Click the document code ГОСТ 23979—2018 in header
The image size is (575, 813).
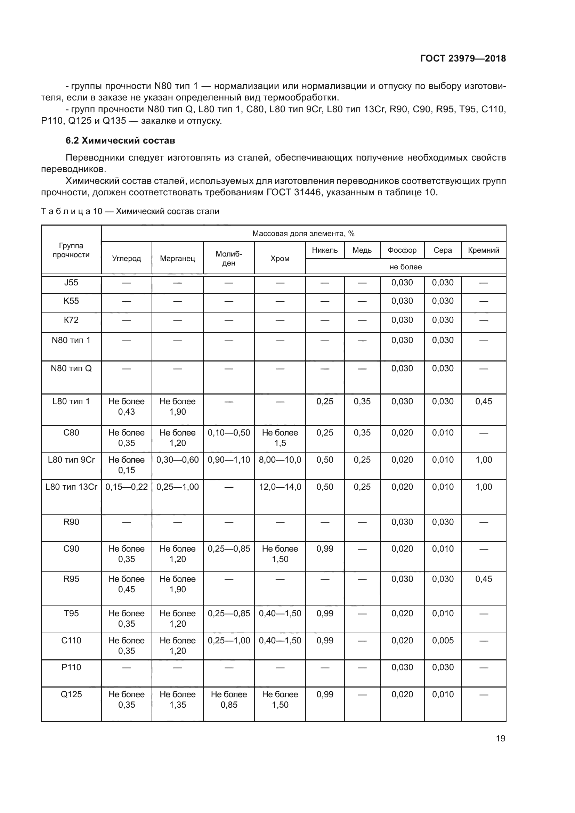(x=463, y=58)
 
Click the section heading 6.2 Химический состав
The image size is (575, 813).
(x=120, y=140)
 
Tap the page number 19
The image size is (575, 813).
(x=500, y=738)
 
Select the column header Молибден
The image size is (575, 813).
(x=229, y=259)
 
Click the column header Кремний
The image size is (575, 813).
(x=483, y=250)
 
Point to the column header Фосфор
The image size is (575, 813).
(x=402, y=250)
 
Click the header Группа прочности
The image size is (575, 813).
(x=71, y=250)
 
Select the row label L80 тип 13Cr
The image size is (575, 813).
(x=71, y=487)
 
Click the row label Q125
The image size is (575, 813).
(x=71, y=694)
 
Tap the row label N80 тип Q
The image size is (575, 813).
(x=71, y=368)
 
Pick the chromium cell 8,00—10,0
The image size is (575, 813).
(x=280, y=460)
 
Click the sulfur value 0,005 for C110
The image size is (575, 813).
(x=443, y=641)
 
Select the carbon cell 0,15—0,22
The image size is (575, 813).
(x=127, y=487)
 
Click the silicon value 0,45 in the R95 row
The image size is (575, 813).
(x=483, y=579)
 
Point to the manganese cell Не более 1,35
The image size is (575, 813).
(x=177, y=699)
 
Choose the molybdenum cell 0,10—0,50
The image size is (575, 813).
(x=229, y=433)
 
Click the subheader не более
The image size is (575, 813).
(x=405, y=267)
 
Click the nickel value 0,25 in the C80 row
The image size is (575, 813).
(x=325, y=433)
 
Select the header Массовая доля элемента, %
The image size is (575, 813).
(x=303, y=234)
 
